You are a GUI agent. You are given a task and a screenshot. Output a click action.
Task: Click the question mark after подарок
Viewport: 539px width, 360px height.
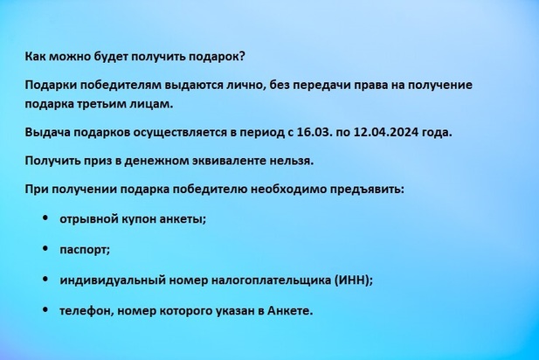[241, 57]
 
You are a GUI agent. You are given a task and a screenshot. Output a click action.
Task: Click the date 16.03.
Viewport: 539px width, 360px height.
[314, 132]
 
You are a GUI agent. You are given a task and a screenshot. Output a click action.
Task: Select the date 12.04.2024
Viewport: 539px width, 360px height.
[386, 132]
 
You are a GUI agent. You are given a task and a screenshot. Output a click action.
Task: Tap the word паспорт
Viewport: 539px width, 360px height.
[85, 250]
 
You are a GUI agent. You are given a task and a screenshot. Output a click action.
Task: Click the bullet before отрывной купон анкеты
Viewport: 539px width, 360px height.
[45, 218]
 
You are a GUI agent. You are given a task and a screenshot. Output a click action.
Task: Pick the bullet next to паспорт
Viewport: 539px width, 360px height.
[45, 248]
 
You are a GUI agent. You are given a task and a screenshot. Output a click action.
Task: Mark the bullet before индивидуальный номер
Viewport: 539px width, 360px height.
[45, 279]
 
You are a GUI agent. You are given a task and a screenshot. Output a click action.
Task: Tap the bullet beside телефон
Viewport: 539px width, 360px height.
[45, 309]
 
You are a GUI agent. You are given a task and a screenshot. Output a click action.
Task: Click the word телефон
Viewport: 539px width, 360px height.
[87, 311]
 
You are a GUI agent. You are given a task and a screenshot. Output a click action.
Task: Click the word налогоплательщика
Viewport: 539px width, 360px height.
[271, 280]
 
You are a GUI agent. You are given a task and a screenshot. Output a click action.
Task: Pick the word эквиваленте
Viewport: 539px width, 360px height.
[227, 161]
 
